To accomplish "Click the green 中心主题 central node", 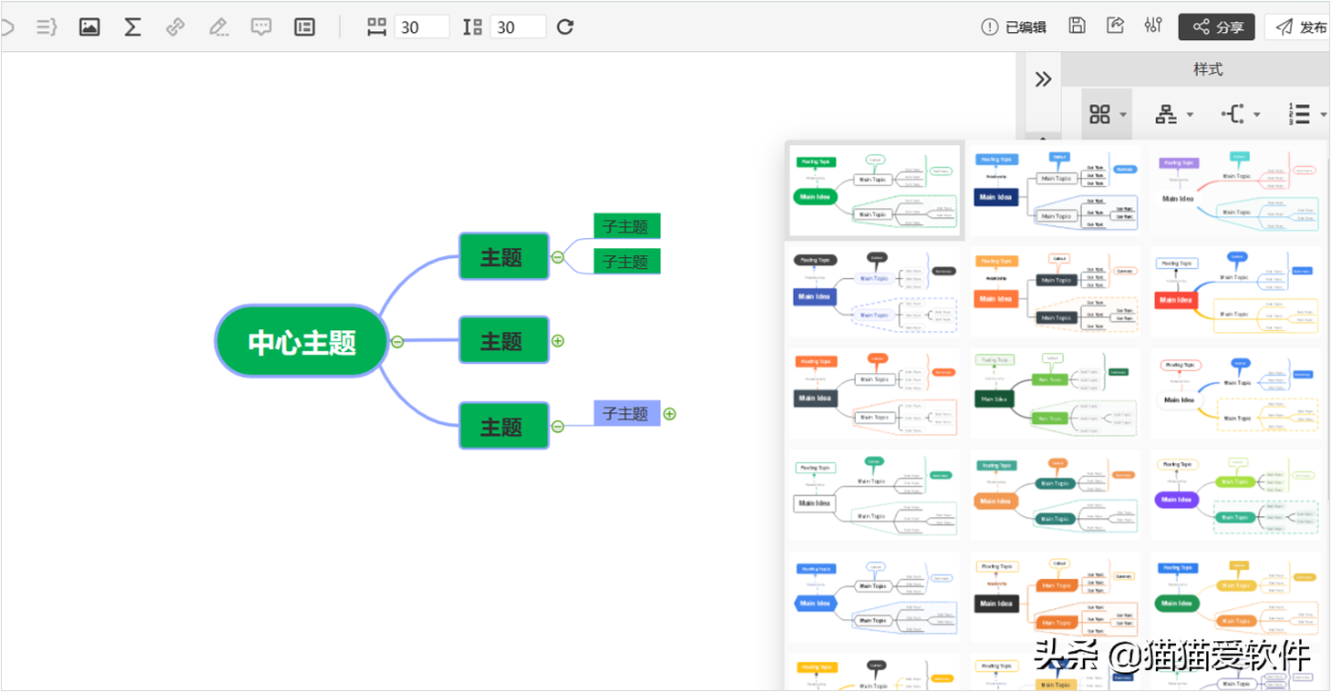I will click(x=302, y=342).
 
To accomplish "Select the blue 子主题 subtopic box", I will click(x=626, y=413).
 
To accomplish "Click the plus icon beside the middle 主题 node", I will click(x=558, y=341).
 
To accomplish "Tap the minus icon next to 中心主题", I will click(x=397, y=342).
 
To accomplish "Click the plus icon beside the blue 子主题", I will click(x=670, y=414).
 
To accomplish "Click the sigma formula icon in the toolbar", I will click(x=132, y=27).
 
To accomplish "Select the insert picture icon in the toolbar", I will click(x=89, y=27).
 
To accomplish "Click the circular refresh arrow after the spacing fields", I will click(x=565, y=27).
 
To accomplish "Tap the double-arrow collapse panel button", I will click(x=1044, y=79).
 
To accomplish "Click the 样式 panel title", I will click(x=1208, y=69).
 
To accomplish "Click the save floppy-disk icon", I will click(x=1077, y=26).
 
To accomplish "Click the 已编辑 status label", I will click(x=1014, y=27).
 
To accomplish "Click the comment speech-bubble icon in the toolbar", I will click(x=262, y=27).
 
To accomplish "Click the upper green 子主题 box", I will click(x=626, y=226).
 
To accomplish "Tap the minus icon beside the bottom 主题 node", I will click(x=558, y=426).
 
